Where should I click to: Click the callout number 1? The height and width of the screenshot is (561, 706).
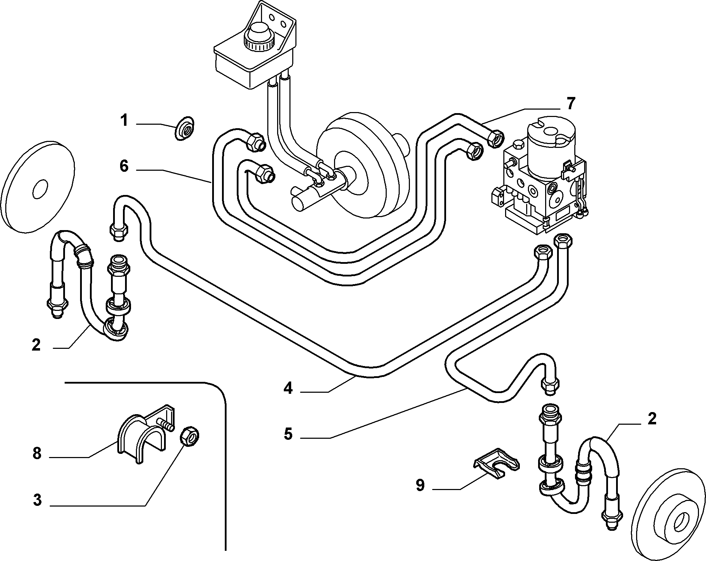(x=124, y=121)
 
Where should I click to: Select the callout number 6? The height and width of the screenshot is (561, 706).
(x=124, y=166)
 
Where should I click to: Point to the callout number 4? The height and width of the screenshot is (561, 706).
(x=288, y=388)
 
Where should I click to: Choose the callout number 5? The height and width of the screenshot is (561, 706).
(x=288, y=434)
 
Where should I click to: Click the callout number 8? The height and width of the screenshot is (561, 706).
(x=37, y=453)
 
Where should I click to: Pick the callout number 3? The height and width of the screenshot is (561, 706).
(x=37, y=501)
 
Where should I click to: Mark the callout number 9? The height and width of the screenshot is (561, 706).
(x=420, y=485)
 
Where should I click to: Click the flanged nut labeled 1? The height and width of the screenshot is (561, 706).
(x=185, y=129)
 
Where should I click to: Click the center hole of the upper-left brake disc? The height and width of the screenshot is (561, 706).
(x=40, y=189)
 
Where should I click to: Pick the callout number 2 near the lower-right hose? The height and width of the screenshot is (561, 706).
(x=652, y=419)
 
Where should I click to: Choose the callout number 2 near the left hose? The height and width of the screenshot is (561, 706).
(x=36, y=345)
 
